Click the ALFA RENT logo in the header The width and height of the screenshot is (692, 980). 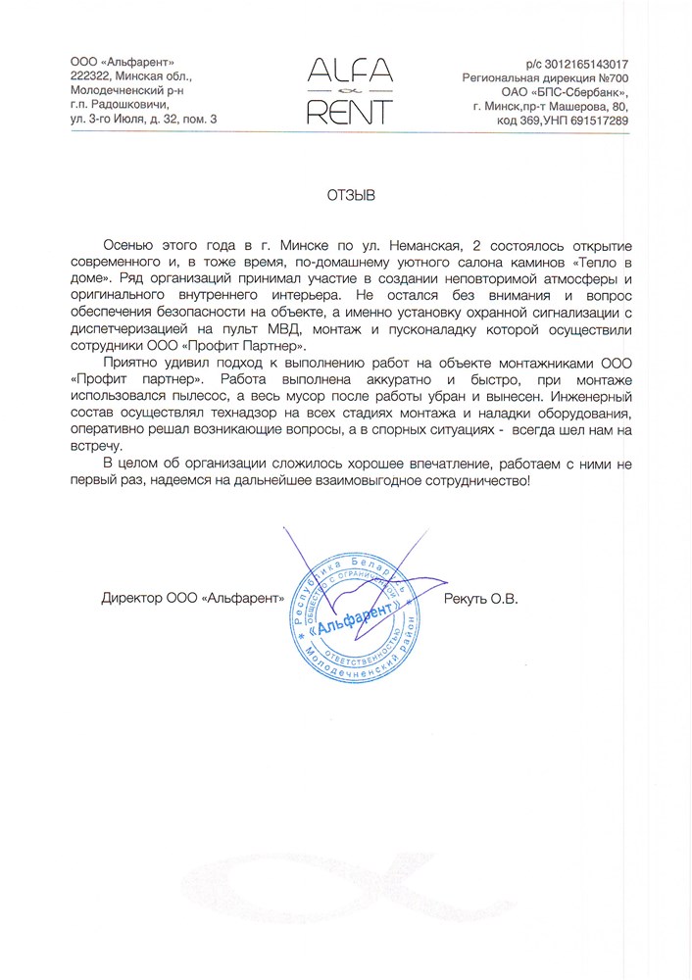tap(350, 91)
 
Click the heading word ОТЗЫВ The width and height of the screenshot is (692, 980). tap(351, 195)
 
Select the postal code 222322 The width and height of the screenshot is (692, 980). tap(90, 75)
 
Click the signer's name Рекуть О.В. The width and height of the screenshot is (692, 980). tap(479, 597)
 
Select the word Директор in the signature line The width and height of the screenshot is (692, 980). tap(129, 597)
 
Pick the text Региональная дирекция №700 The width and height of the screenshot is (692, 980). tap(545, 76)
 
